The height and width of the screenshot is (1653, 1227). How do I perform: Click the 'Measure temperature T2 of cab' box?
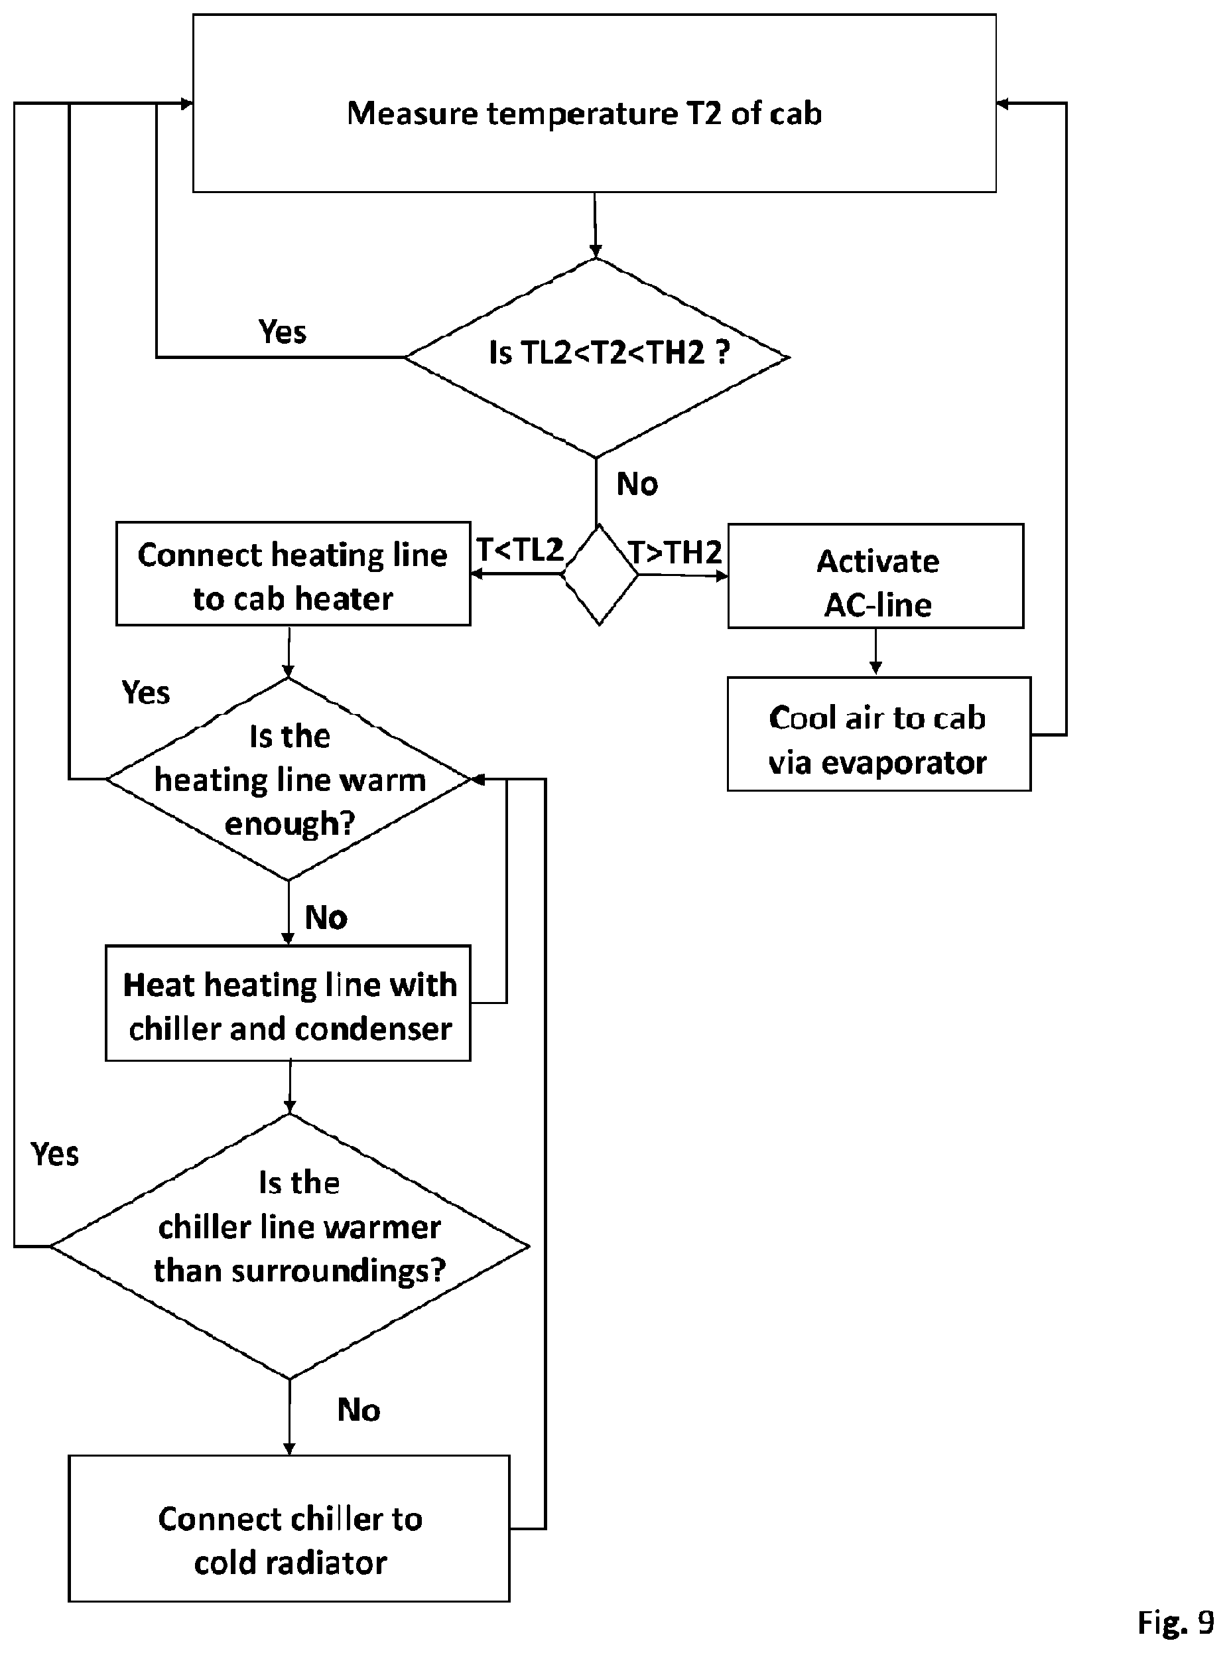point(594,104)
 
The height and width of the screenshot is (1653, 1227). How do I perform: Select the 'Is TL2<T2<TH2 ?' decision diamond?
point(596,358)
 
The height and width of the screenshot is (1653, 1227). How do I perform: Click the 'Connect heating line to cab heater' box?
point(293,573)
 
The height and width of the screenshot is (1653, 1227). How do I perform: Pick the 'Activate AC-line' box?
point(875,577)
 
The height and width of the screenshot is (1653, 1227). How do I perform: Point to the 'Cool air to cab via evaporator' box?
point(879,734)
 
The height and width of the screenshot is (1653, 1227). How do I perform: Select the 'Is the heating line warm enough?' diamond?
point(289,779)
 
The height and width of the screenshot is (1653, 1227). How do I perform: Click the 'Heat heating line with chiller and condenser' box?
point(289,1003)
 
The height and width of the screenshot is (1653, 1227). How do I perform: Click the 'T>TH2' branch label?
point(675,552)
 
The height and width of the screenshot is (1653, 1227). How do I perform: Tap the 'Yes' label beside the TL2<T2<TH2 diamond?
point(283,331)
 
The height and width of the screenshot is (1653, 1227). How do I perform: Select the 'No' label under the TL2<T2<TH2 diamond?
point(637,484)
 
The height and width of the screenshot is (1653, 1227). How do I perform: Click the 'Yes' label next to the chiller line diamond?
point(55,1154)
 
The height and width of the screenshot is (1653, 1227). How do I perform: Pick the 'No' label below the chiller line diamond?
point(359,1409)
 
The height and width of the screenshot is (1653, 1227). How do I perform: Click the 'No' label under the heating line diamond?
point(326,918)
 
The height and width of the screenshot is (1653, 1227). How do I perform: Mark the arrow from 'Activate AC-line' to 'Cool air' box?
point(875,652)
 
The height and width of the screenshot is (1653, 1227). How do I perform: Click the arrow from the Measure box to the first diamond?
point(595,225)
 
